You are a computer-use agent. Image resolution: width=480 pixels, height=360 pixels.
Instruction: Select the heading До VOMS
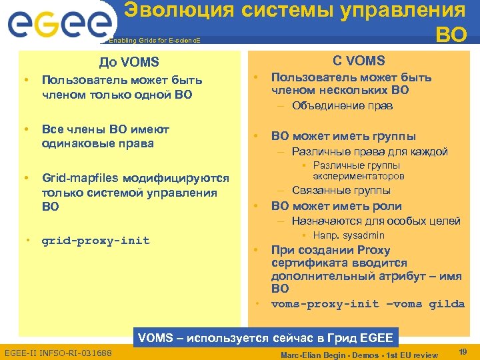[129, 63]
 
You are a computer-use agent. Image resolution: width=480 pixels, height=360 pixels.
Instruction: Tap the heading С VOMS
[359, 61]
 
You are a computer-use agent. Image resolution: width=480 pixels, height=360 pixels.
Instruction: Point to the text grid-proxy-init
[95, 240]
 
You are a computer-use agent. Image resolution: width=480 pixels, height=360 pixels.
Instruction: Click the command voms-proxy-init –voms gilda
[367, 304]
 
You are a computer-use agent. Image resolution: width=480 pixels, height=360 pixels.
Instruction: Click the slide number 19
[463, 350]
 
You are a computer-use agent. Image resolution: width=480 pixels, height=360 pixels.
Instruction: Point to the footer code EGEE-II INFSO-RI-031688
[58, 351]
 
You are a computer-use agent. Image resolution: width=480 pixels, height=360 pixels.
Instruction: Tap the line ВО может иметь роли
[336, 206]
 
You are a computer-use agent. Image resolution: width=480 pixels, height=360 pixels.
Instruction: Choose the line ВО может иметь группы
[343, 137]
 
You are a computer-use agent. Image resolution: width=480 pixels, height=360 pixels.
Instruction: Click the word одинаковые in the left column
[75, 143]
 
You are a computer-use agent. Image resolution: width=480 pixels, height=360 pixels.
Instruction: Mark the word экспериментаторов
[359, 177]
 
